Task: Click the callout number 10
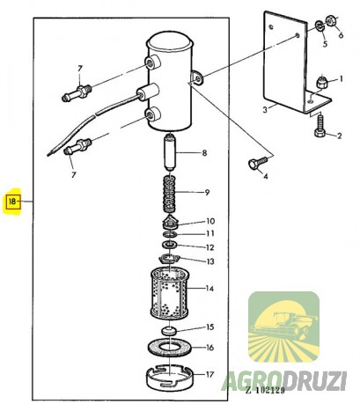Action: (209, 221)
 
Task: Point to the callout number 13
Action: (209, 261)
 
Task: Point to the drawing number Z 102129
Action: (264, 390)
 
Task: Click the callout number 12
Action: (209, 247)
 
